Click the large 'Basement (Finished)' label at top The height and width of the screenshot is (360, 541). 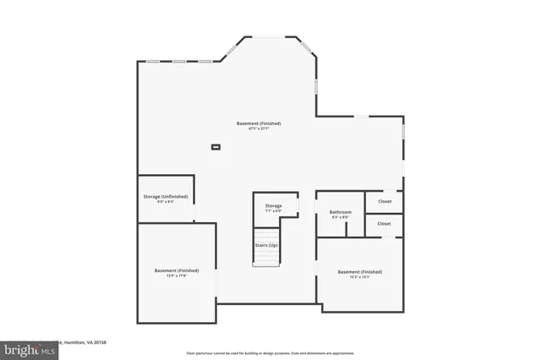click(258, 123)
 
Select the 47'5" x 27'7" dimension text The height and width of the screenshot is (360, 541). click(258, 129)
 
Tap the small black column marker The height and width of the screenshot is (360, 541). click(216, 148)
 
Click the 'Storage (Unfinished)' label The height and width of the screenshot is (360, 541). click(166, 196)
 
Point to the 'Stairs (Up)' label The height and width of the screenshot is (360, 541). click(266, 245)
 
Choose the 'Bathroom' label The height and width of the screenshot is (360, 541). click(341, 211)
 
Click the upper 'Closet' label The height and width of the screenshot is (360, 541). click(385, 202)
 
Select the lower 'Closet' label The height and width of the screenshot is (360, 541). click(385, 224)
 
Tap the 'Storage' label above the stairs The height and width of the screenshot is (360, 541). click(273, 205)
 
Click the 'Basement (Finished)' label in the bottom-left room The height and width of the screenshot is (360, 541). click(177, 270)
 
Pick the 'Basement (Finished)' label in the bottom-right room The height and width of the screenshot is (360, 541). click(360, 271)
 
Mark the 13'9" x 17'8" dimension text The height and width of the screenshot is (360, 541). click(177, 276)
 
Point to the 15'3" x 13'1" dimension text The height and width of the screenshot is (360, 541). click(360, 277)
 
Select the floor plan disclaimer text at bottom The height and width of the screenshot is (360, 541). click(270, 352)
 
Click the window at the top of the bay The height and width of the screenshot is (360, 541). click(272, 36)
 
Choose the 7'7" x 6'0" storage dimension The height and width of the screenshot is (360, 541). click(273, 211)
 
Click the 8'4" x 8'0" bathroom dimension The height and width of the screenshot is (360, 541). click(341, 217)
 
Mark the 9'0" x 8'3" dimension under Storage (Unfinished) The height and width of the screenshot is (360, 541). click(166, 202)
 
